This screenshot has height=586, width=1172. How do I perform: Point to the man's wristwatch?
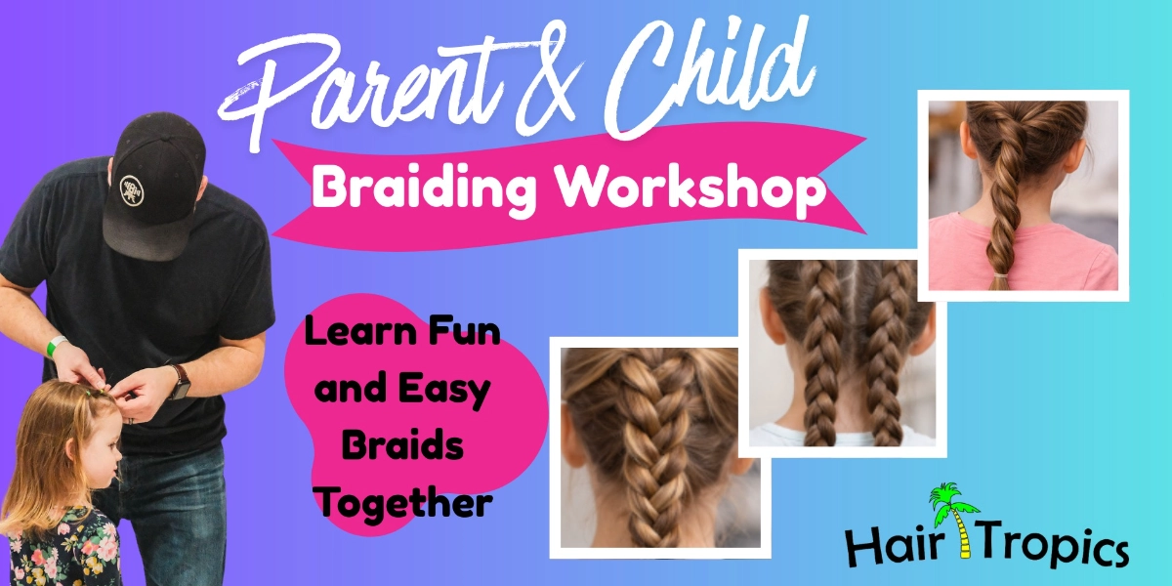coord(180,381)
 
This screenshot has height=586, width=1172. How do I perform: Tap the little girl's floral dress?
coord(59,547)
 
